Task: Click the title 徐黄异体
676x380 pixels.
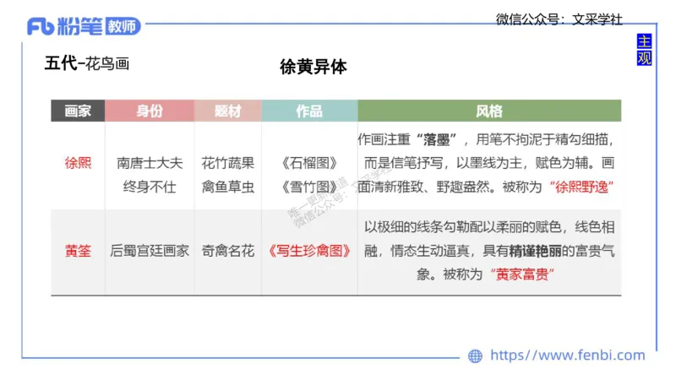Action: click(313, 67)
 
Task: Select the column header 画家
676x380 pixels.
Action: click(78, 111)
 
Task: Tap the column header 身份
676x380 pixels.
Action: click(150, 111)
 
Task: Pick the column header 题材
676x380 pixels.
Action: click(227, 111)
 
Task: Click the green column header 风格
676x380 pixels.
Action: click(488, 111)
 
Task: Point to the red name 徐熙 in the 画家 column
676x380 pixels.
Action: click(78, 163)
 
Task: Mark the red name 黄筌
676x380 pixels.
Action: click(78, 251)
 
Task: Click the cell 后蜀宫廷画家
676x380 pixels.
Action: click(150, 251)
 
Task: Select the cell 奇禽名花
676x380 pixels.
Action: click(227, 251)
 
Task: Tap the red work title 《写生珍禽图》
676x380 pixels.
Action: click(308, 251)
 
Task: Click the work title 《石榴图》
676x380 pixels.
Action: click(308, 163)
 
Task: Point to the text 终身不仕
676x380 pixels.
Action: click(150, 187)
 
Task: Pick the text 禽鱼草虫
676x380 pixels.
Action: click(227, 187)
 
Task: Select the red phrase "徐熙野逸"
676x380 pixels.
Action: click(581, 187)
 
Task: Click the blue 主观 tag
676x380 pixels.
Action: click(644, 50)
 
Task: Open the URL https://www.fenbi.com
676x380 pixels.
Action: click(568, 356)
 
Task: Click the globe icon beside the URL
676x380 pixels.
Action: click(475, 356)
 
